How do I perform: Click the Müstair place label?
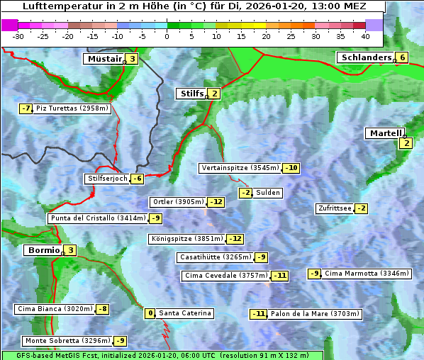pyautogui.click(x=104, y=59)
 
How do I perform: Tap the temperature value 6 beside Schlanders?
pyautogui.click(x=402, y=57)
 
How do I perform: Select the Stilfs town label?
pyautogui.click(x=191, y=93)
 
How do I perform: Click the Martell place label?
pyautogui.click(x=385, y=133)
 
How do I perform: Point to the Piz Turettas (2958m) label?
pyautogui.click(x=72, y=108)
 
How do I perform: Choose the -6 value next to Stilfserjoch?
pyautogui.click(x=138, y=179)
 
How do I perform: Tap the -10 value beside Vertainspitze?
pyautogui.click(x=291, y=168)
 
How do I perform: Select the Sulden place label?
pyautogui.click(x=268, y=193)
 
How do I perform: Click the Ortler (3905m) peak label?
pyautogui.click(x=178, y=202)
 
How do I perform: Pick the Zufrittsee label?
pyautogui.click(x=334, y=208)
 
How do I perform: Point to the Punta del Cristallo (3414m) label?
pyautogui.click(x=97, y=218)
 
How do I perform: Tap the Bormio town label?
pyautogui.click(x=43, y=250)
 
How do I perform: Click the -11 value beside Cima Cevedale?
pyautogui.click(x=280, y=276)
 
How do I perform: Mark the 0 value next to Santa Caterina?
pyautogui.click(x=150, y=313)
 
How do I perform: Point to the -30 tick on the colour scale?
pyautogui.click(x=18, y=36)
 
